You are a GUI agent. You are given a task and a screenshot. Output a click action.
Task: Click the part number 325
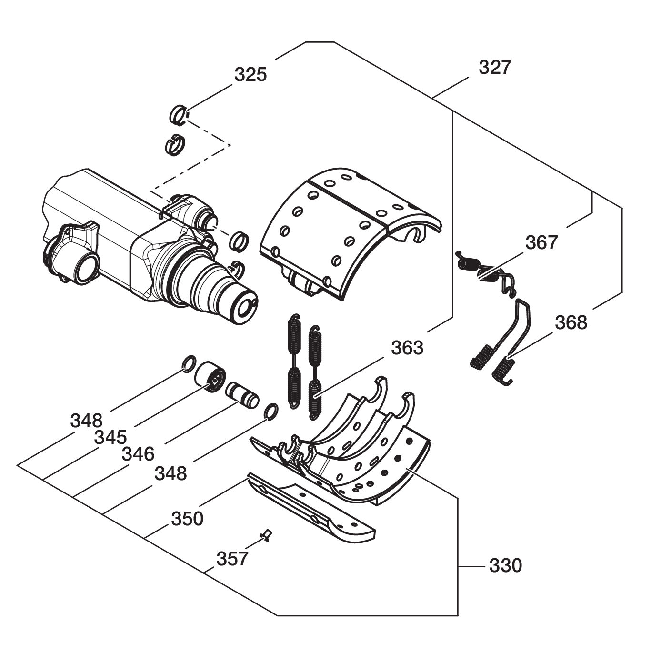pyautogui.click(x=250, y=74)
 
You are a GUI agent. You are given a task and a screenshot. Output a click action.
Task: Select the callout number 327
pyautogui.click(x=495, y=68)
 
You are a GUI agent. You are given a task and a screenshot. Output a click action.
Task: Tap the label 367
pyautogui.click(x=541, y=242)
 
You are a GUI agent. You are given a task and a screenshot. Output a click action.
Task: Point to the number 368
pyautogui.click(x=571, y=322)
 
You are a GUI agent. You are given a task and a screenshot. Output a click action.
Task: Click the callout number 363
pyautogui.click(x=407, y=348)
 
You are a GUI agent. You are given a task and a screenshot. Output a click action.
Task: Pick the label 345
pyautogui.click(x=110, y=437)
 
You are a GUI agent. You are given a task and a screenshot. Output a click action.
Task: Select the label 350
pyautogui.click(x=187, y=518)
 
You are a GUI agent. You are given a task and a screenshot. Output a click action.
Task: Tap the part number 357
pyautogui.click(x=232, y=558)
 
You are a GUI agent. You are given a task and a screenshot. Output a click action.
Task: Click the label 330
pyautogui.click(x=506, y=566)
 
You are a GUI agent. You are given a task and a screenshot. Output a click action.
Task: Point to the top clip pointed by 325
pyautogui.click(x=178, y=115)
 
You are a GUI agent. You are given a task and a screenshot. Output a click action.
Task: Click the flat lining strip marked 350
pyautogui.click(x=310, y=511)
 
